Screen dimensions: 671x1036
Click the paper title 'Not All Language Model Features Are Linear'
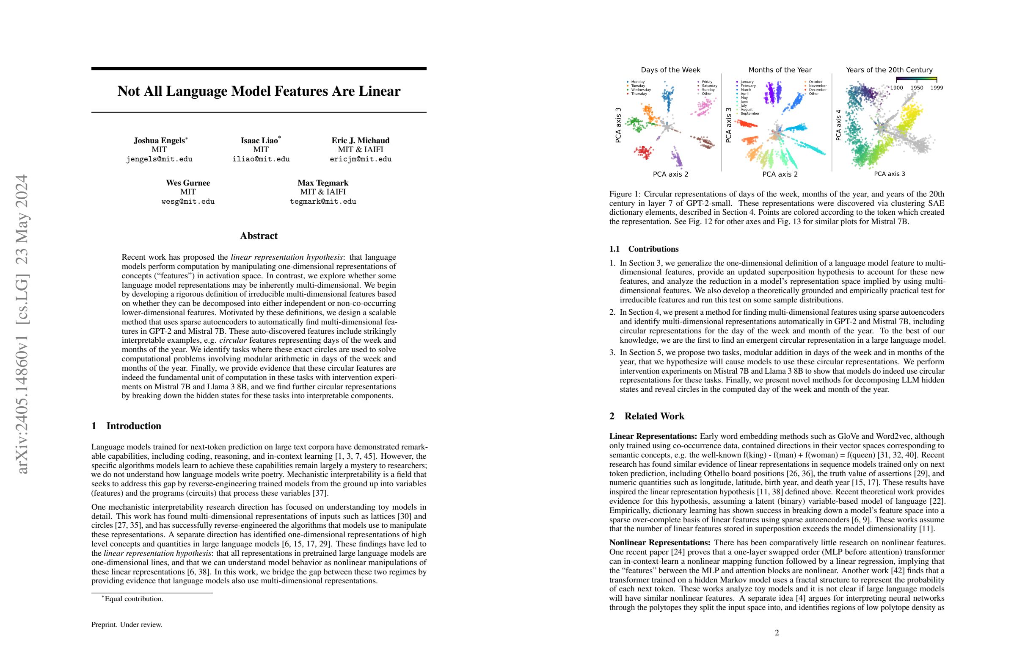pyautogui.click(x=259, y=91)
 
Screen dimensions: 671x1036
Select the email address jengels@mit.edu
pyautogui.click(x=159, y=159)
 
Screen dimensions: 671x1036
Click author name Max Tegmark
pyautogui.click(x=322, y=183)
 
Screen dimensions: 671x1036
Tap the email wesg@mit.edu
pyautogui.click(x=187, y=202)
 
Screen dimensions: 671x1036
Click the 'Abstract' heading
pyautogui.click(x=259, y=236)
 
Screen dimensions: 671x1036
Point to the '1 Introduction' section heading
pyautogui.click(x=126, y=426)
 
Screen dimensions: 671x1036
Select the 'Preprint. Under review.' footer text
pyautogui.click(x=127, y=625)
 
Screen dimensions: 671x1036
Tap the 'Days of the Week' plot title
pyautogui.click(x=670, y=70)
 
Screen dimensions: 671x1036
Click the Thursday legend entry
pyautogui.click(x=639, y=94)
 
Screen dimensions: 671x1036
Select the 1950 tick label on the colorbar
pyautogui.click(x=917, y=88)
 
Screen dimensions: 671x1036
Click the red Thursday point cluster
pyautogui.click(x=643, y=152)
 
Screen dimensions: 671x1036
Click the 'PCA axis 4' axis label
pyautogui.click(x=838, y=125)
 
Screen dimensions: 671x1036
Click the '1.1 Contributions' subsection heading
pyautogui.click(x=644, y=249)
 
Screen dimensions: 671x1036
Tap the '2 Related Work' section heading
pyautogui.click(x=646, y=416)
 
